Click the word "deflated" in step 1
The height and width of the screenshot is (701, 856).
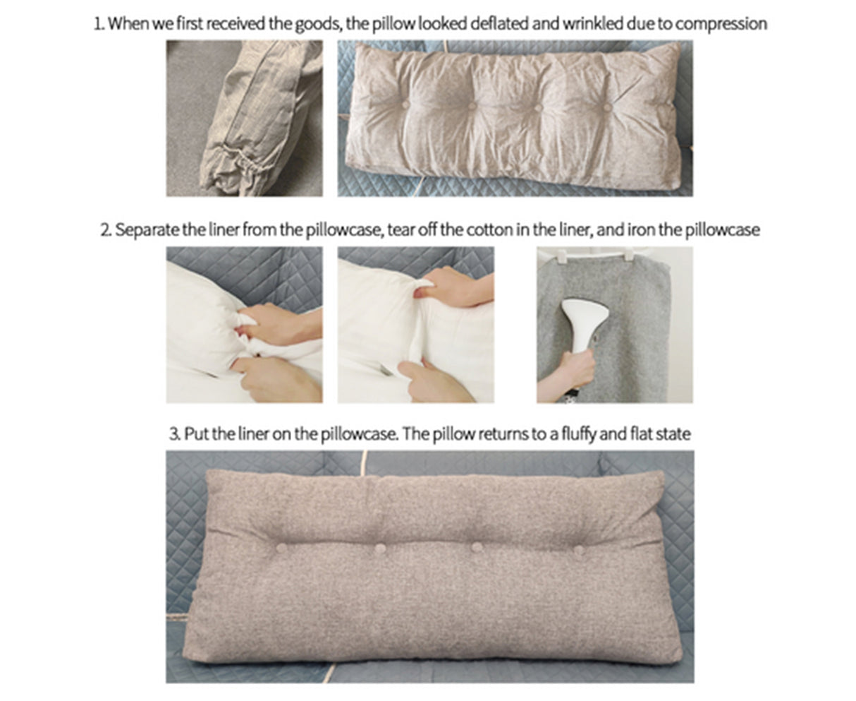pyautogui.click(x=496, y=23)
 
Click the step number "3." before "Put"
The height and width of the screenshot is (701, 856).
pyautogui.click(x=175, y=433)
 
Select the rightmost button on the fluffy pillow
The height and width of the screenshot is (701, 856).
pyautogui.click(x=578, y=549)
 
